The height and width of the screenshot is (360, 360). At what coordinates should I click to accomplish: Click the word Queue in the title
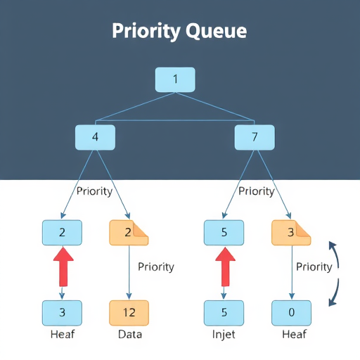click(x=215, y=32)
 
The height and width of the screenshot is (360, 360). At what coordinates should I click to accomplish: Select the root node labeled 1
click(x=174, y=79)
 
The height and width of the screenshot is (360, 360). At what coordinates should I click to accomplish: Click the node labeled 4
click(x=95, y=138)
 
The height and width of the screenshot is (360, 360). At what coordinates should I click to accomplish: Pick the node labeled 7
click(x=254, y=138)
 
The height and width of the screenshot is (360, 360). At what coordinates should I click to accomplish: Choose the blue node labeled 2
click(x=62, y=232)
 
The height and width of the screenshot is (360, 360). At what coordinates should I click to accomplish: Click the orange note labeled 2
click(x=129, y=232)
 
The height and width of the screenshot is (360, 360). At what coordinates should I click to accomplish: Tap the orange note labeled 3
click(x=291, y=232)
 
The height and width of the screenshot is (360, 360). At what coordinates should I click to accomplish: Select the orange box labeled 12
click(x=129, y=312)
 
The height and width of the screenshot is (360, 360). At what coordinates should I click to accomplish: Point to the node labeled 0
click(x=291, y=312)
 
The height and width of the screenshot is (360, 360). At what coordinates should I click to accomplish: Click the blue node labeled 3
click(x=62, y=312)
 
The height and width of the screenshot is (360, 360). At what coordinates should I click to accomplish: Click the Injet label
click(x=224, y=334)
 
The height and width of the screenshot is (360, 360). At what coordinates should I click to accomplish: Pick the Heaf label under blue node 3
click(x=62, y=334)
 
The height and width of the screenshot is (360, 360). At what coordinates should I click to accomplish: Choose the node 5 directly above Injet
click(x=224, y=312)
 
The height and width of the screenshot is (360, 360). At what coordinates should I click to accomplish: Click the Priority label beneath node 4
click(x=94, y=191)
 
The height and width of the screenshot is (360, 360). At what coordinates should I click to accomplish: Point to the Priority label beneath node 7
click(x=256, y=191)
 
